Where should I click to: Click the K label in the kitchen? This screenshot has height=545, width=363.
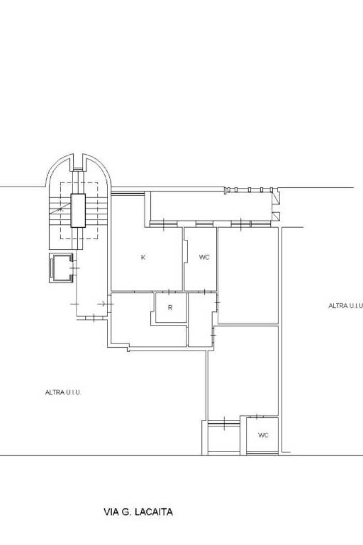point(143,257)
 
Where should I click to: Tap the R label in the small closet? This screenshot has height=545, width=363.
point(170,308)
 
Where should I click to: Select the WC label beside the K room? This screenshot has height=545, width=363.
point(204,257)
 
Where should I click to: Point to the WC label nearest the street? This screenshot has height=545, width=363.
point(263,435)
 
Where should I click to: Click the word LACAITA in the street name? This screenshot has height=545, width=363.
point(153,512)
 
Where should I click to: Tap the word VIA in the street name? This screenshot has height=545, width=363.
point(110,512)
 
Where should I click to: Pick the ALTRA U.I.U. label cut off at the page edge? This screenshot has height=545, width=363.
point(345,306)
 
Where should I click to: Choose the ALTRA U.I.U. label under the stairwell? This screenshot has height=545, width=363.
point(63,392)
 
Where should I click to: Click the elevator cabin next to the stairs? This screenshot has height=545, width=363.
point(61,268)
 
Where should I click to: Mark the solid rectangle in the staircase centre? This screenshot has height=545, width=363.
point(78,211)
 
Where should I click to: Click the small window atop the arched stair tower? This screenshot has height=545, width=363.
point(78,169)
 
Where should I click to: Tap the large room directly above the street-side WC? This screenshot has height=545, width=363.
point(243,371)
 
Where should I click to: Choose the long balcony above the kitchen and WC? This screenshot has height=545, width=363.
point(211,206)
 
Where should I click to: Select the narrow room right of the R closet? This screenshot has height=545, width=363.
point(201,320)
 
